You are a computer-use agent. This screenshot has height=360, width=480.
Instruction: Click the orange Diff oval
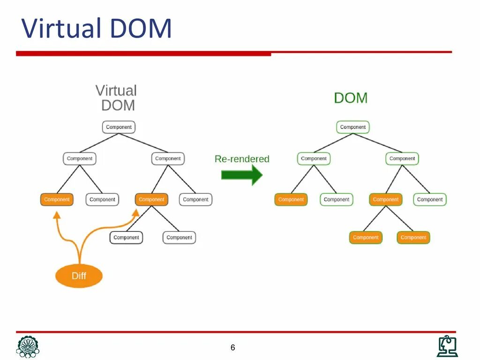pyautogui.click(x=79, y=276)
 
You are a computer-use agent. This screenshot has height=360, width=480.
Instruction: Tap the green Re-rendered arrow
pyautogui.click(x=241, y=175)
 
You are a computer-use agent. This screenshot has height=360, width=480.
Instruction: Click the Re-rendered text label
pyautogui.click(x=242, y=159)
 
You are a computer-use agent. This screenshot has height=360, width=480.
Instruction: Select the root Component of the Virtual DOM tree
pyautogui.click(x=119, y=127)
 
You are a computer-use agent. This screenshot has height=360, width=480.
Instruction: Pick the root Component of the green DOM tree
pyautogui.click(x=352, y=127)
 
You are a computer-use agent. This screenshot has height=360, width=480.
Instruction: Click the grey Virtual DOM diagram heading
pyautogui.click(x=117, y=97)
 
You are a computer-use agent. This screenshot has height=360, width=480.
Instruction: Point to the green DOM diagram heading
pyautogui.click(x=351, y=98)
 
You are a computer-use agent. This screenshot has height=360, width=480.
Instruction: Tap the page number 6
pyautogui.click(x=232, y=347)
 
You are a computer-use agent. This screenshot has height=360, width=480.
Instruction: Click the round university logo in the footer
pyautogui.click(x=28, y=346)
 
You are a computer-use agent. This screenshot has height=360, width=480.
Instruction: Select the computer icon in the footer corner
pyautogui.click(x=447, y=346)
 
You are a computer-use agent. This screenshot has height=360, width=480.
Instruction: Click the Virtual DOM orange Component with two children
pyautogui.click(x=151, y=199)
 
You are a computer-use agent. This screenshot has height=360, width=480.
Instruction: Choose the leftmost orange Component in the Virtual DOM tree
pyautogui.click(x=57, y=199)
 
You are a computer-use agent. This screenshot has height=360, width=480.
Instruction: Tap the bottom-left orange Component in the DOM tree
pyautogui.click(x=366, y=237)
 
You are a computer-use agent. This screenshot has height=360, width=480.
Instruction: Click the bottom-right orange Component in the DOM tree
pyautogui.click(x=413, y=237)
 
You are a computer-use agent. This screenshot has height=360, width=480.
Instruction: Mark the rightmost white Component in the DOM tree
pyautogui.click(x=430, y=199)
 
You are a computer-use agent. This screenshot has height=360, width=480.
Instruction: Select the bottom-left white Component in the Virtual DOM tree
pyautogui.click(x=126, y=237)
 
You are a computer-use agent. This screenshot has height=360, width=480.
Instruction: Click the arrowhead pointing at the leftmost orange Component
pyautogui.click(x=57, y=215)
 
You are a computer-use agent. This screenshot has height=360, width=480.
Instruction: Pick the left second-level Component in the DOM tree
pyautogui.click(x=314, y=158)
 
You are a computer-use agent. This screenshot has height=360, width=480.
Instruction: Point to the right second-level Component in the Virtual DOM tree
pyautogui.click(x=168, y=158)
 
